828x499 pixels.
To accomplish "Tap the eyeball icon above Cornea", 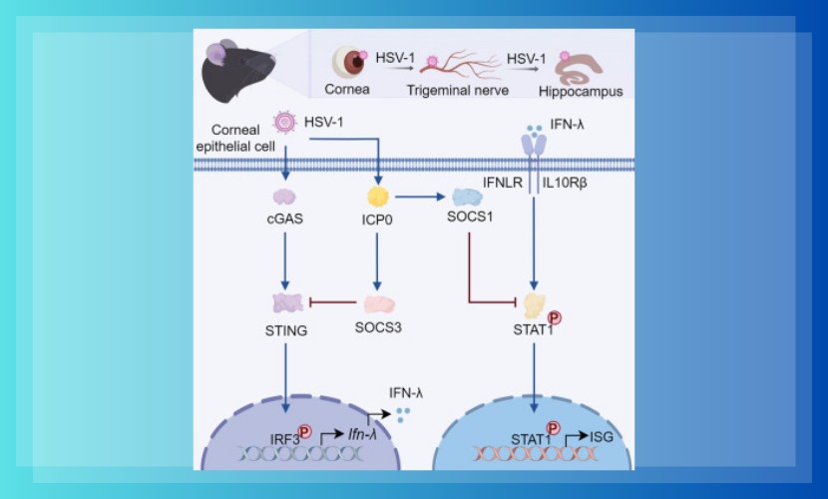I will coord(348,63).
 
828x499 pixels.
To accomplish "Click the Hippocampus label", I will coord(580,91).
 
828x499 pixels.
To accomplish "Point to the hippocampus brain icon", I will coord(580,66).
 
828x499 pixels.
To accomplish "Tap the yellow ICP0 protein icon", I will coord(379,195).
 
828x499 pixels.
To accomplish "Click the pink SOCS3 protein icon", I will coord(379,303).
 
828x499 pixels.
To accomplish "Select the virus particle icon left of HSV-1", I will coord(286,122).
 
